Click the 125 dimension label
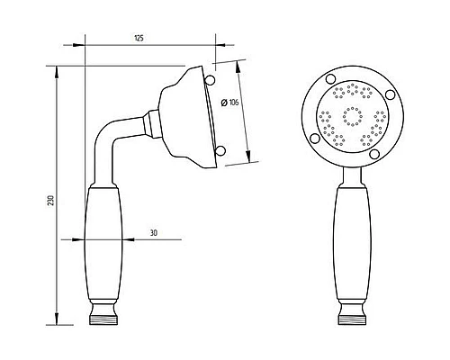point(139,39)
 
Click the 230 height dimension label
point(51,201)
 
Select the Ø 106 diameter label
point(229,103)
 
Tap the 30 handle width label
point(154,233)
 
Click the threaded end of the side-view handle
point(103,319)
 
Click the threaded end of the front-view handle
point(353,319)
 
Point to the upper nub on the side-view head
point(211,80)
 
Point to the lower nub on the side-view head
point(220,151)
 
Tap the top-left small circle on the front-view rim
point(330,79)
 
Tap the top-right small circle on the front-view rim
point(390,94)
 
